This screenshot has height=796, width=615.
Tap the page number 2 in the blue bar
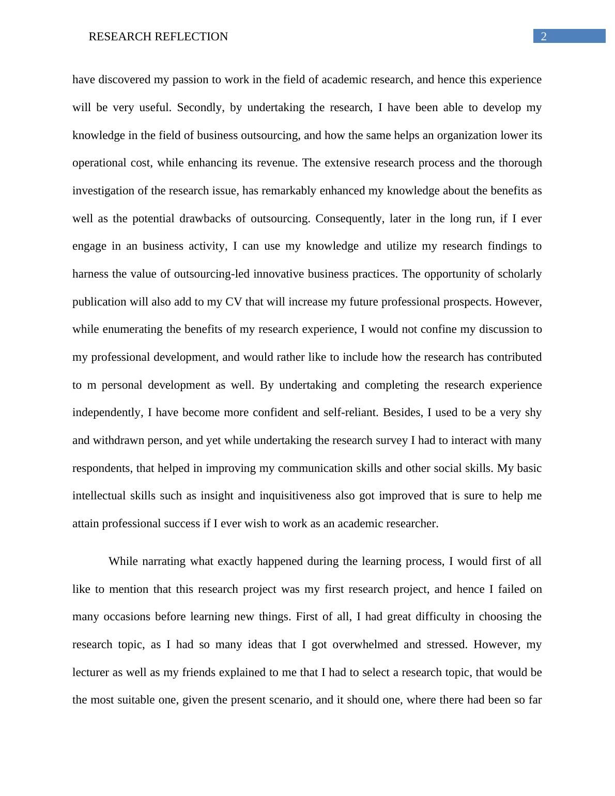pyautogui.click(x=544, y=36)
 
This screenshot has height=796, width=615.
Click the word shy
pyautogui.click(x=533, y=412)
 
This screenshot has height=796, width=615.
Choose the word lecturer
pyautogui.click(x=90, y=672)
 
